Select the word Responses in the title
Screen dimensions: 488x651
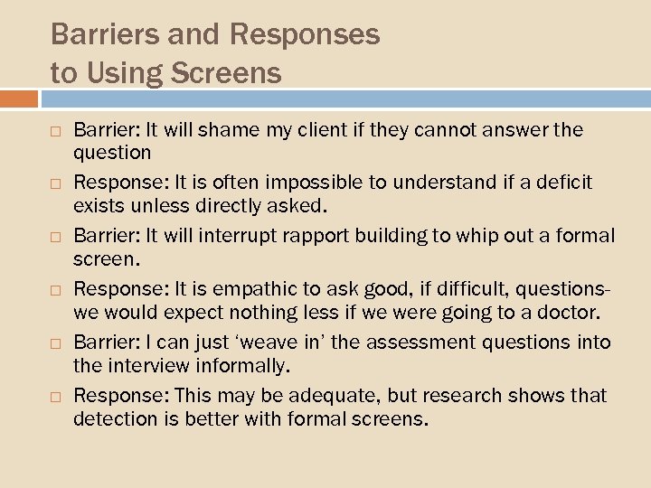click(305, 34)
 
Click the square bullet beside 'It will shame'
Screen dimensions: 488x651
click(56, 131)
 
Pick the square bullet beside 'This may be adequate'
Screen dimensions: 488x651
click(56, 397)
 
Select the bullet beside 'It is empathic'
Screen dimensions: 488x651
click(56, 290)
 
